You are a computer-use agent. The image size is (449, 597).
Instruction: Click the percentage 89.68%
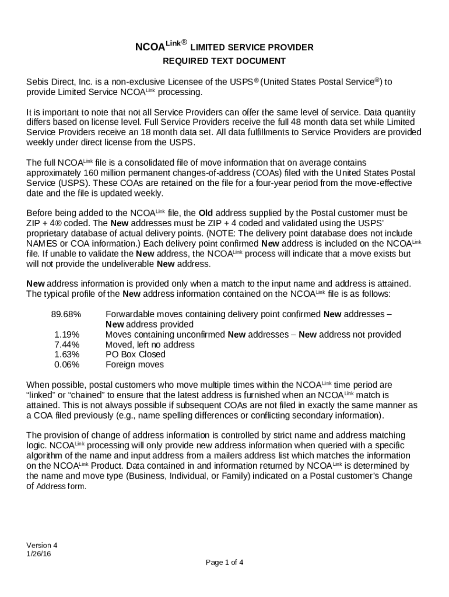[x=66, y=314]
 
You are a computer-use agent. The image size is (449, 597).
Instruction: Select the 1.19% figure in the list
[x=67, y=335]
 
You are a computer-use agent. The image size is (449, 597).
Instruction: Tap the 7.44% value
[x=67, y=345]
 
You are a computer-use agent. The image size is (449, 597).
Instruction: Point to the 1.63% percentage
[x=67, y=354]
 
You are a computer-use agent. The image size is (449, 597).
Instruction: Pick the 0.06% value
[x=67, y=364]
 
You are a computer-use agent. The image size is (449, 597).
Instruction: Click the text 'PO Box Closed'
[x=135, y=354]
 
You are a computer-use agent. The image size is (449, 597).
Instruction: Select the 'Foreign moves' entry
[x=134, y=364]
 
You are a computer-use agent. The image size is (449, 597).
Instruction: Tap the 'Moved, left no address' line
[x=150, y=345]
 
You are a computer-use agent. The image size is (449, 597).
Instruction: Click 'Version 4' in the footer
[x=42, y=546]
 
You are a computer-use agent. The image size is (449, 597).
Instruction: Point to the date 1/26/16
[x=39, y=554]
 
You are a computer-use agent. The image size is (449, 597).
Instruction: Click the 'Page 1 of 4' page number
[x=224, y=563]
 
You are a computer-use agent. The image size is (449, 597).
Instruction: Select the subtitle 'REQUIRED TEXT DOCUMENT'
[x=224, y=61]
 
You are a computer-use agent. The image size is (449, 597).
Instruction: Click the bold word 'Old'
[x=207, y=213]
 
